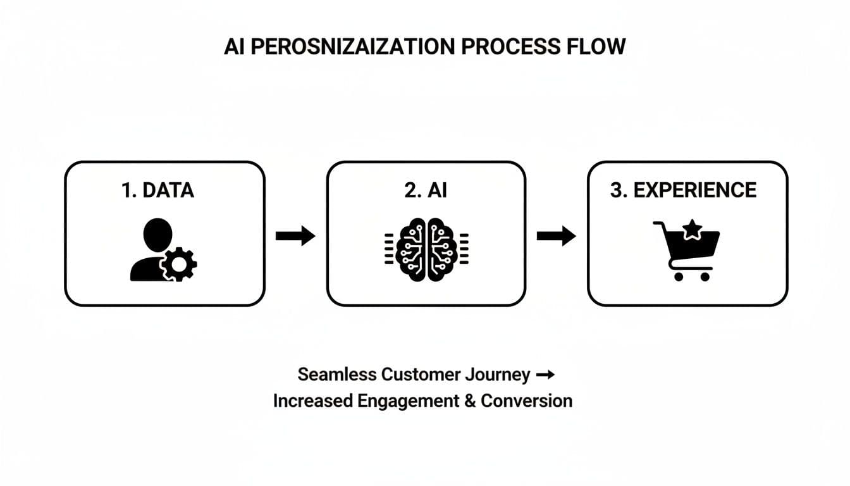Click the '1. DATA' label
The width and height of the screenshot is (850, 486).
coord(157,190)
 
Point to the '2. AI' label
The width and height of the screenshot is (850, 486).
coord(425,190)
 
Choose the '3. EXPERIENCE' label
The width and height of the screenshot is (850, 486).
coord(683,190)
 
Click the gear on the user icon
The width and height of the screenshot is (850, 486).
coord(179,264)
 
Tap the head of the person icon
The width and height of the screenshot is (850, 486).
coord(157,234)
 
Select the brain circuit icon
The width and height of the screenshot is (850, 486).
coord(426,250)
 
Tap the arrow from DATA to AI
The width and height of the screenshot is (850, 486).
coord(295,237)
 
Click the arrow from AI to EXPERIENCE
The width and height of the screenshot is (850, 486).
coord(556,237)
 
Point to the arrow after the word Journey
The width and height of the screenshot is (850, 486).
coord(545,375)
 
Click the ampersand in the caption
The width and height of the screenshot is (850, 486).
coord(469,401)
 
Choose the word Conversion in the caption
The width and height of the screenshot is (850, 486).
coord(526,401)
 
